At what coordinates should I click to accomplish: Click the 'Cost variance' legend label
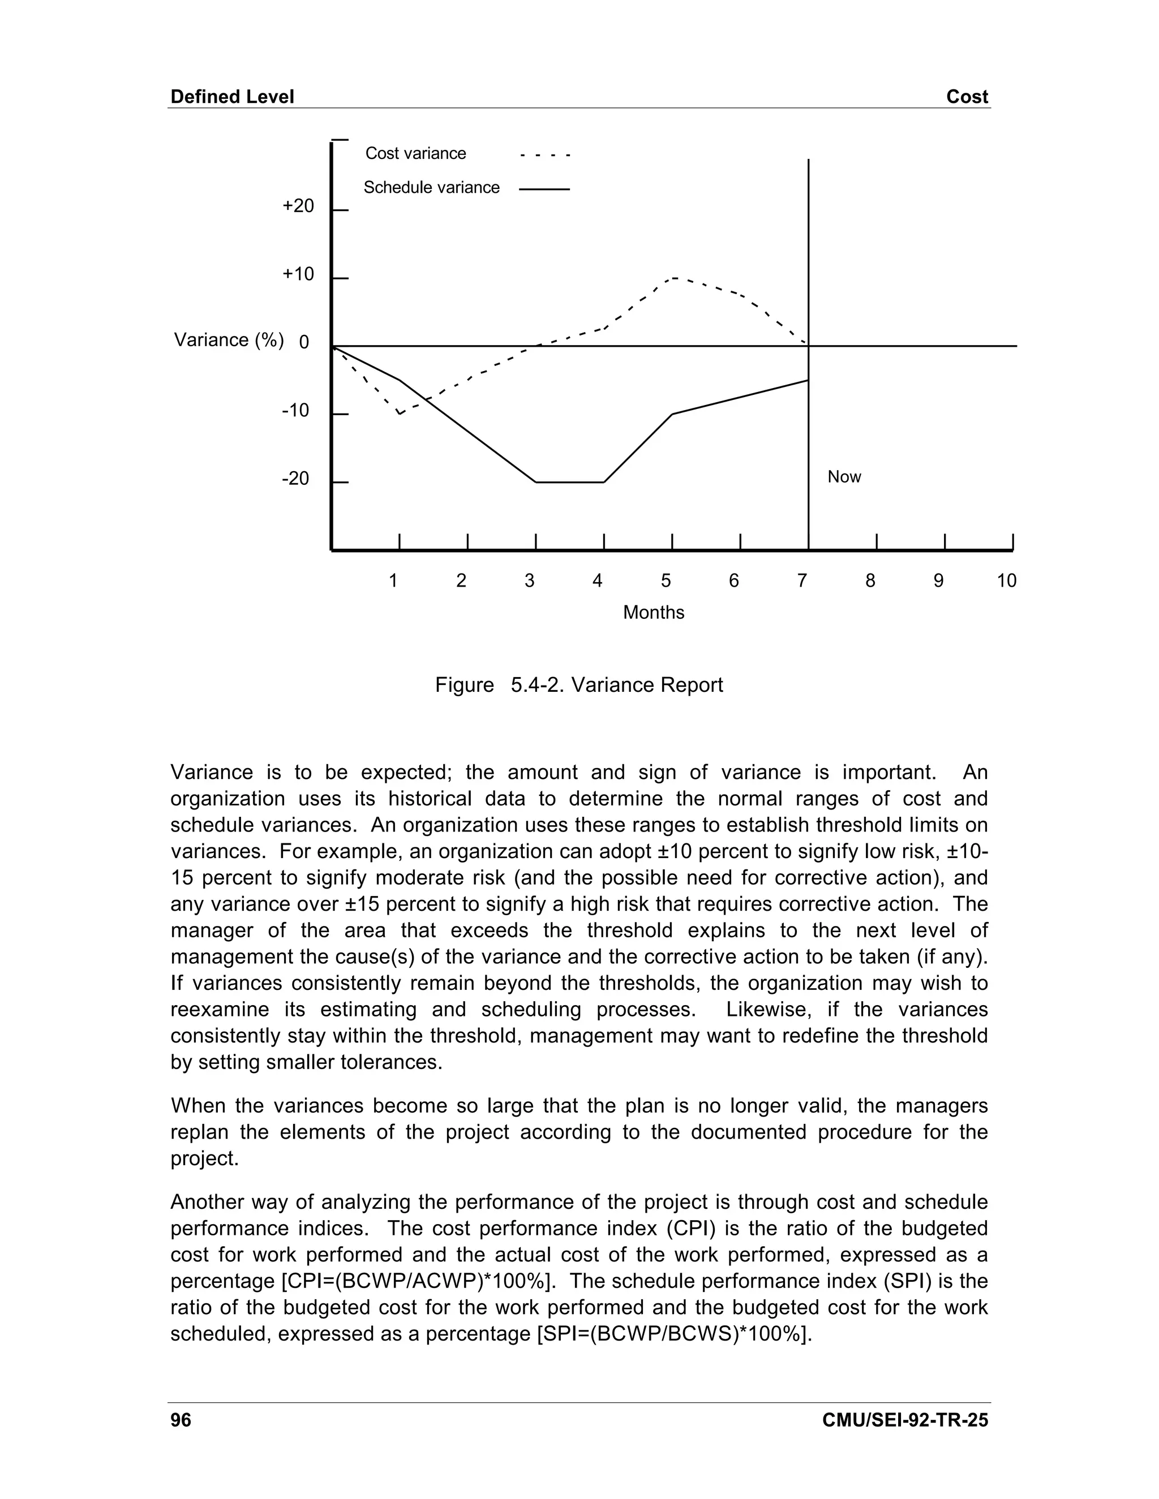click(415, 153)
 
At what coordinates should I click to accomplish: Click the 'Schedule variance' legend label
click(431, 187)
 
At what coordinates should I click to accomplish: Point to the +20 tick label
click(298, 206)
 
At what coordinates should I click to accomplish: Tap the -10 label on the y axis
click(296, 411)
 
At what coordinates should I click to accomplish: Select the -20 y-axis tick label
click(296, 479)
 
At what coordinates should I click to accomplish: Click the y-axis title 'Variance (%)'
click(229, 340)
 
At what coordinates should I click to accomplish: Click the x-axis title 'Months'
click(653, 612)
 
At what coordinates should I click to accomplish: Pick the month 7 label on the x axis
click(801, 581)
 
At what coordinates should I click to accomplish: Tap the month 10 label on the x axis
click(1006, 581)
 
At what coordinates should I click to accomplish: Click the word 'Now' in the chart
click(844, 477)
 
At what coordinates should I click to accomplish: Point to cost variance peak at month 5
click(673, 278)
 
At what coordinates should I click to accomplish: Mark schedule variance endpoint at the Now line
click(808, 380)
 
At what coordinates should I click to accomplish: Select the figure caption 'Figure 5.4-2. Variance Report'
click(579, 685)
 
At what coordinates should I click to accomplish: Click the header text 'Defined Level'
click(232, 97)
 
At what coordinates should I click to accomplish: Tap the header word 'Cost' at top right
click(967, 97)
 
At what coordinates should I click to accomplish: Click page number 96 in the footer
click(181, 1420)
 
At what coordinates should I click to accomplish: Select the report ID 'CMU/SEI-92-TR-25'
click(905, 1420)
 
